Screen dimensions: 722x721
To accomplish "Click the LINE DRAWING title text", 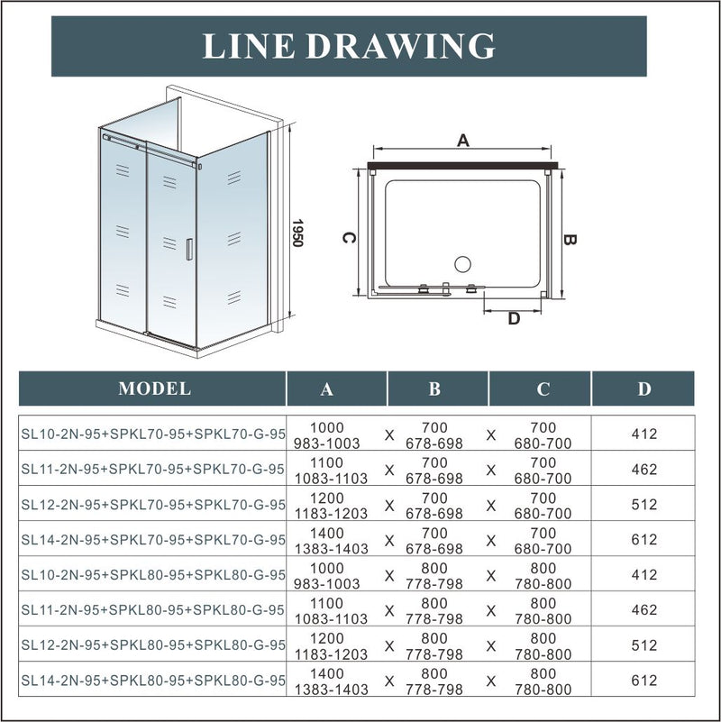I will [348, 46].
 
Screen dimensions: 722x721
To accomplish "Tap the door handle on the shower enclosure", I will [188, 249].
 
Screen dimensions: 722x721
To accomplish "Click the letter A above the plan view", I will [463, 140].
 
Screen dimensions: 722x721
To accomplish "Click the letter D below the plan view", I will [514, 317].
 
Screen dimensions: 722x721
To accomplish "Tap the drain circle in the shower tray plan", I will [462, 264].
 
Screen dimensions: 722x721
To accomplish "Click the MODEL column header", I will [154, 389].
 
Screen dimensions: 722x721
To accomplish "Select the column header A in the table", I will [326, 389].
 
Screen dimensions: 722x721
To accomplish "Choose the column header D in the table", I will [644, 389].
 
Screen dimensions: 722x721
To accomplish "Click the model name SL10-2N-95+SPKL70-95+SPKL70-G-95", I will [152, 434].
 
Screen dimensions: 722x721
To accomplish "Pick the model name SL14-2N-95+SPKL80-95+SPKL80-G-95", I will [152, 681].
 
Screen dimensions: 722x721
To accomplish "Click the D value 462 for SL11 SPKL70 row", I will [644, 470].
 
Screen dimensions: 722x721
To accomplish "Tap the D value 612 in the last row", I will [644, 681].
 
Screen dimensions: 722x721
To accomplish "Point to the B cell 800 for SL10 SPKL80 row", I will [434, 569].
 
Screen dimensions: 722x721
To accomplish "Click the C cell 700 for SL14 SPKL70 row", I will [543, 533].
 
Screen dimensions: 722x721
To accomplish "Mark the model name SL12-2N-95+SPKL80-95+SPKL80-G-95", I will [152, 645].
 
